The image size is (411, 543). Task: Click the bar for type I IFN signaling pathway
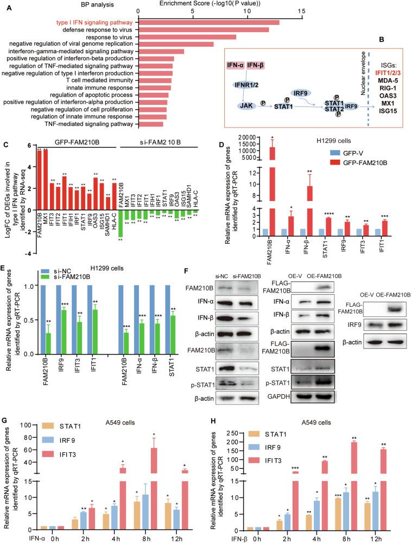tap(209, 22)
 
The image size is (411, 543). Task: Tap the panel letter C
tap(5, 146)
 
